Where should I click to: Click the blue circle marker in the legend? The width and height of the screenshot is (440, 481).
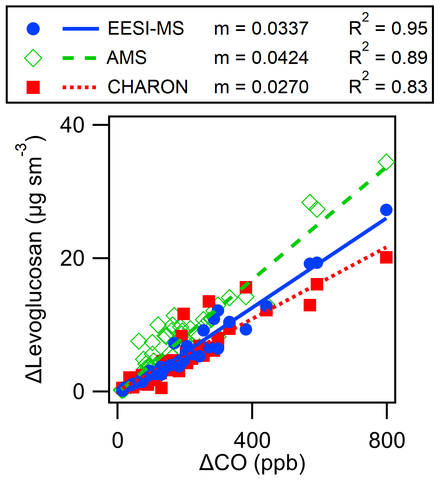pyautogui.click(x=33, y=29)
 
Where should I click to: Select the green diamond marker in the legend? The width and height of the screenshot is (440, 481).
pyautogui.click(x=33, y=58)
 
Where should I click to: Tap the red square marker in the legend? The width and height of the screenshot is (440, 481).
pyautogui.click(x=33, y=87)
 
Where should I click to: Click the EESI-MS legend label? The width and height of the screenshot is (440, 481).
pyautogui.click(x=146, y=28)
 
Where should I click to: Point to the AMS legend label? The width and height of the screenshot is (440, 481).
pyautogui.click(x=127, y=58)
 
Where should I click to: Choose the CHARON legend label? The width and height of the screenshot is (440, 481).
pyautogui.click(x=148, y=87)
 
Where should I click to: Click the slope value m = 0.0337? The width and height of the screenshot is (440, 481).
pyautogui.click(x=261, y=29)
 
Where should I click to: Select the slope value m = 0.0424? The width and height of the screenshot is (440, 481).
pyautogui.click(x=261, y=58)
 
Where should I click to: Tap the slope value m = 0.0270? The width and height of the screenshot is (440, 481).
pyautogui.click(x=261, y=87)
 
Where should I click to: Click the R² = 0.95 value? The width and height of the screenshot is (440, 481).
pyautogui.click(x=388, y=27)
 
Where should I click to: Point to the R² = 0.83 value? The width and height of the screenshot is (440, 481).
pyautogui.click(x=388, y=85)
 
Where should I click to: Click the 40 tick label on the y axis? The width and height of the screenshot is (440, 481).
pyautogui.click(x=72, y=126)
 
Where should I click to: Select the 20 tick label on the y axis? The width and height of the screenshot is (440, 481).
pyautogui.click(x=72, y=259)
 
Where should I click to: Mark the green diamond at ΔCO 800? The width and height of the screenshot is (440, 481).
pyautogui.click(x=386, y=163)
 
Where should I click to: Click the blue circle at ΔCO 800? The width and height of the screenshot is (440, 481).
pyautogui.click(x=386, y=210)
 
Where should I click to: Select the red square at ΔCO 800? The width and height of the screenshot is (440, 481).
pyautogui.click(x=386, y=257)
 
